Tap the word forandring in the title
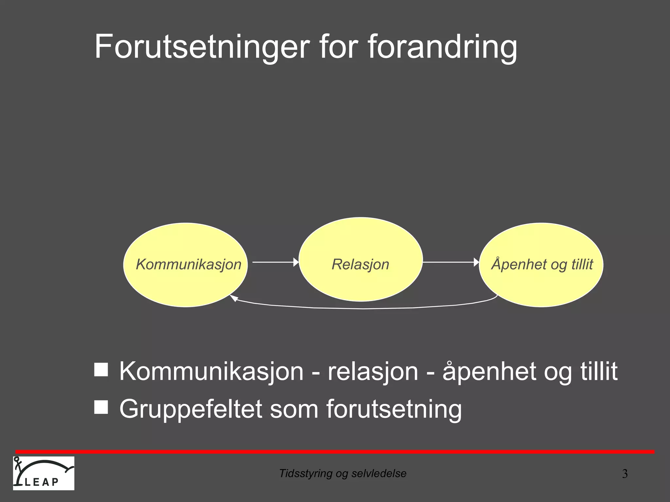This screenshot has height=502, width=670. coord(442,46)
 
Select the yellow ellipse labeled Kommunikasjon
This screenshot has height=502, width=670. coord(185,281)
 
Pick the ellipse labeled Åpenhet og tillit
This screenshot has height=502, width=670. coord(541,284)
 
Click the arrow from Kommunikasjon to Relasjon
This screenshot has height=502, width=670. coord(275,262)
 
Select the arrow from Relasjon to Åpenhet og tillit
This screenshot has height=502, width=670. coord(450,262)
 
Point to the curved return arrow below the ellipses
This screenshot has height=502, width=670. coord(363,308)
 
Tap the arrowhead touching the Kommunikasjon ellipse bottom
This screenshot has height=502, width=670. coord(233,298)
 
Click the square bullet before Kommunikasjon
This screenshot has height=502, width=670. coord(101,370)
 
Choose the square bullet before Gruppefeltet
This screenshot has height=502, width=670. coord(101,407)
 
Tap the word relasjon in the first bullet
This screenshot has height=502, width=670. coord(373,371)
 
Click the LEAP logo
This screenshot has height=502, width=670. coord(44,473)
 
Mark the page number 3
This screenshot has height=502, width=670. coord(625,474)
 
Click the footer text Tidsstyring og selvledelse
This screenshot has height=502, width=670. coord(343,473)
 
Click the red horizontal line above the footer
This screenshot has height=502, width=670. coord(335,452)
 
